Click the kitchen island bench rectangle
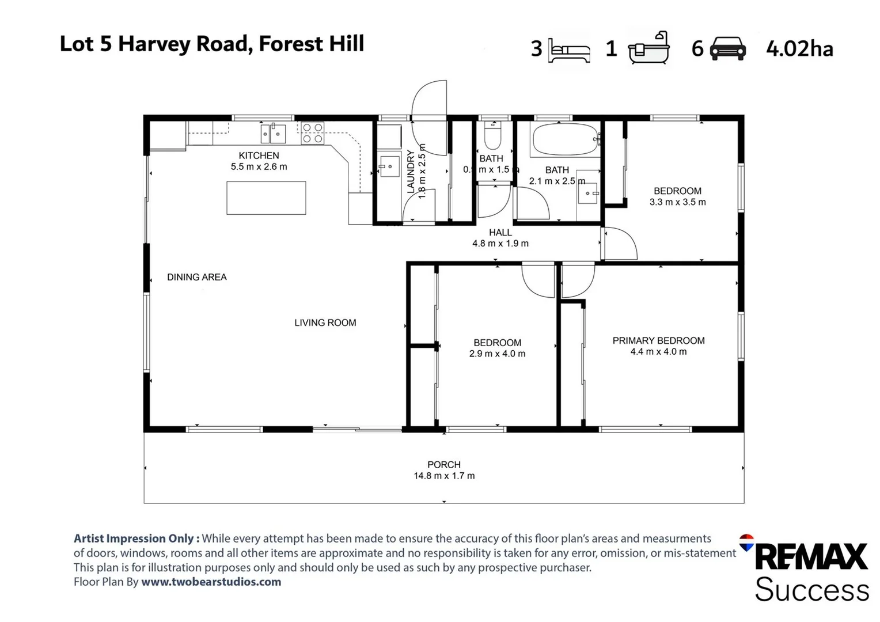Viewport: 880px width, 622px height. click(x=266, y=198)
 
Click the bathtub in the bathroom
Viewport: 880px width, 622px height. click(x=565, y=139)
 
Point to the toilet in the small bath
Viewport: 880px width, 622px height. click(x=493, y=137)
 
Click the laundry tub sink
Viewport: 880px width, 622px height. click(x=389, y=167)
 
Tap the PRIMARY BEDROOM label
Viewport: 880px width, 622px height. click(x=658, y=340)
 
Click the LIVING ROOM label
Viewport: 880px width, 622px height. click(x=325, y=323)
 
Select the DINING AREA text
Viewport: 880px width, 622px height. click(x=197, y=277)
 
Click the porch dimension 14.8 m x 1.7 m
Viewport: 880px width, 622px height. click(x=444, y=476)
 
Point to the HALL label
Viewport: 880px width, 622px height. click(x=500, y=233)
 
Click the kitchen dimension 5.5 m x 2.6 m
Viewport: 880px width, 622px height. click(x=259, y=167)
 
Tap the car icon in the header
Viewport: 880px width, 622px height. click(x=728, y=48)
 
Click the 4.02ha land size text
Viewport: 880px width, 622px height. click(x=799, y=49)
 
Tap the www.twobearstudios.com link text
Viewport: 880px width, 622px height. click(x=211, y=582)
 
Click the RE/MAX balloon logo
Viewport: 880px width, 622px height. click(x=746, y=542)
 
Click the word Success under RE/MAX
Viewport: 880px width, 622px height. click(x=811, y=590)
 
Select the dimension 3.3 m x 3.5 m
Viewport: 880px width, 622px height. click(x=677, y=202)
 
